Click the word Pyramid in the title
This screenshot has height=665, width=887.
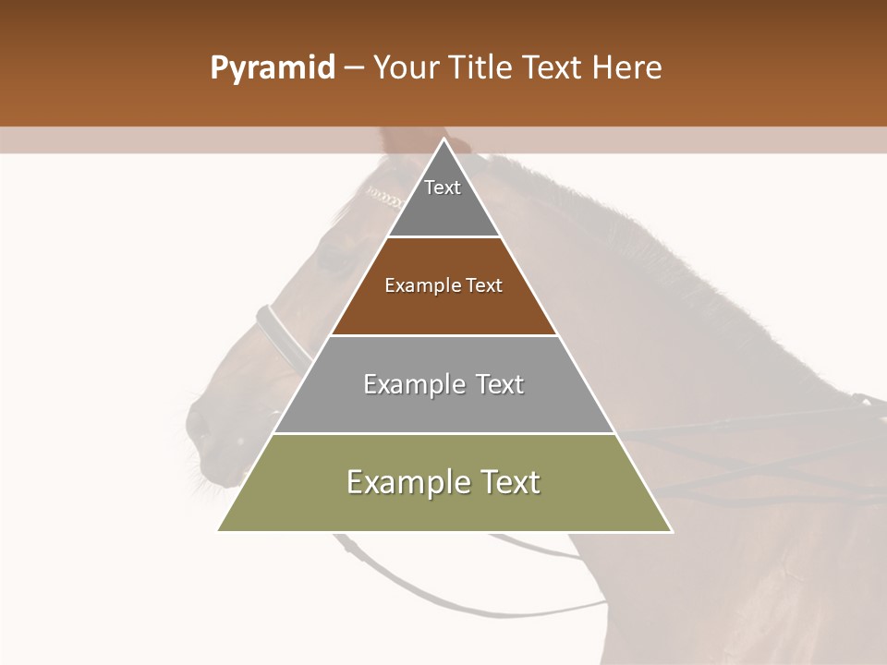(x=272, y=68)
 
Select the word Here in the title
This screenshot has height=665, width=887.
(x=626, y=68)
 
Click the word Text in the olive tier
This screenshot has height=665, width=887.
(x=502, y=481)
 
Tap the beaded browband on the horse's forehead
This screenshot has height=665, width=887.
(x=384, y=197)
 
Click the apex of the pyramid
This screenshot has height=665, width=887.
(x=444, y=141)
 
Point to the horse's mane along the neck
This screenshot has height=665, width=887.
(x=647, y=249)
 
